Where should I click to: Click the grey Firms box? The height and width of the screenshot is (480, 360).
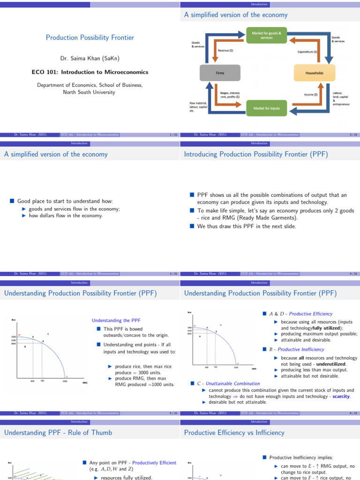220,73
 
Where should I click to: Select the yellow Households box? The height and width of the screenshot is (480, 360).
314,73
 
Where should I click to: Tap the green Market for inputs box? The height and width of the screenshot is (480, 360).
266,108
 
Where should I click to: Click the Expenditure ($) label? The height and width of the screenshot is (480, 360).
307,52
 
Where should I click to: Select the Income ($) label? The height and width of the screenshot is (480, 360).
311,95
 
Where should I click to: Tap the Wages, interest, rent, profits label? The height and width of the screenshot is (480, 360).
230,95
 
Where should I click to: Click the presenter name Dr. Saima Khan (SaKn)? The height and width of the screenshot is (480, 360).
90,59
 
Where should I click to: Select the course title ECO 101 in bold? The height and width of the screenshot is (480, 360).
90,72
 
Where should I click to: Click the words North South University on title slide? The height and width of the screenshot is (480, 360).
90,92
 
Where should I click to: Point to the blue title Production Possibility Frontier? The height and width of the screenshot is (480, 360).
90,37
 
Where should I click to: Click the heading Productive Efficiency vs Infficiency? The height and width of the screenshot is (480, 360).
234,433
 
